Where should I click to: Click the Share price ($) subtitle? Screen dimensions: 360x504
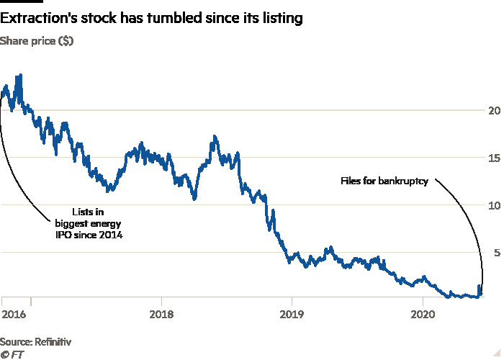coord(36,41)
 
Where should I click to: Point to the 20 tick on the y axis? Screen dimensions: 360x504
coord(493,111)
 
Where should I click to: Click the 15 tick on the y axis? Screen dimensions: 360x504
coord(493,158)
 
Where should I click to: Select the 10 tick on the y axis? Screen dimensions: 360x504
coord(493,205)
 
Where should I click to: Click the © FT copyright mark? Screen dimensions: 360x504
coord(10,354)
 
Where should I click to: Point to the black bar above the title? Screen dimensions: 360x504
coord(16,2)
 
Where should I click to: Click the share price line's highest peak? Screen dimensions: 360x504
coord(19,75)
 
